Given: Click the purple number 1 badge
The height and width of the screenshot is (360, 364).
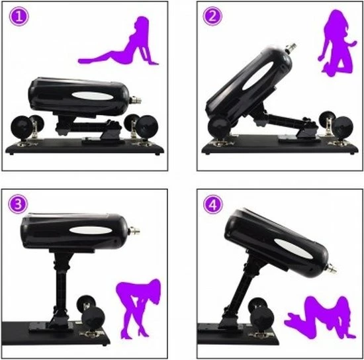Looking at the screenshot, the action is point(19,17).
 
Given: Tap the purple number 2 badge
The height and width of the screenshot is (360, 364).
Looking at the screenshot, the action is point(212,16).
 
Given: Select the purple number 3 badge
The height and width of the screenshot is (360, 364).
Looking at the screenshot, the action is point(18,204).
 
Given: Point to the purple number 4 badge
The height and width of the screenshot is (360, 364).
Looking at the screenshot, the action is point(213,204).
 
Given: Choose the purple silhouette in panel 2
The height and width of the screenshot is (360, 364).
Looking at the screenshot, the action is point(338,44).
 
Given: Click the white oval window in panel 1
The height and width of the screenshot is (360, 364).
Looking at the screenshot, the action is point(92,96).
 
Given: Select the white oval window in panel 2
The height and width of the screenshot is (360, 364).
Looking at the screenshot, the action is point(258,75).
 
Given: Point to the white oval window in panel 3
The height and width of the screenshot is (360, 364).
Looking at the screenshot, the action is point(91,230).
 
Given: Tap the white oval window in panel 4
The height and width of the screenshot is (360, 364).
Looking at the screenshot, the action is point(293,249).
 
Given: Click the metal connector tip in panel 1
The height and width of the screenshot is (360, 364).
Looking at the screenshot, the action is point(136,101).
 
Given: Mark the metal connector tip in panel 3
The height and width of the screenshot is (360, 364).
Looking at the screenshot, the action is point(134,231).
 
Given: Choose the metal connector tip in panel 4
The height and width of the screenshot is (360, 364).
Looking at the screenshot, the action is point(331,269).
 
